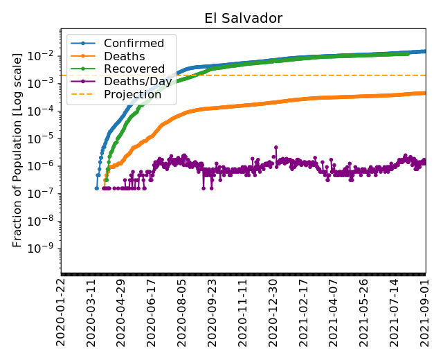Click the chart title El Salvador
pyautogui.click(x=243, y=19)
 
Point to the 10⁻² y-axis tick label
pyautogui.click(x=46, y=55)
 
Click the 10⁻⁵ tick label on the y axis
pyautogui.click(x=46, y=138)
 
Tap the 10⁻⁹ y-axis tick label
pyautogui.click(x=46, y=249)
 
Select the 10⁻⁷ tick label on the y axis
pyautogui.click(x=46, y=193)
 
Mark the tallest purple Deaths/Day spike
pyautogui.click(x=276, y=147)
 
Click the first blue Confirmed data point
pyautogui.click(x=97, y=188)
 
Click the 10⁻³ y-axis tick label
pyautogui.click(x=46, y=83)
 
